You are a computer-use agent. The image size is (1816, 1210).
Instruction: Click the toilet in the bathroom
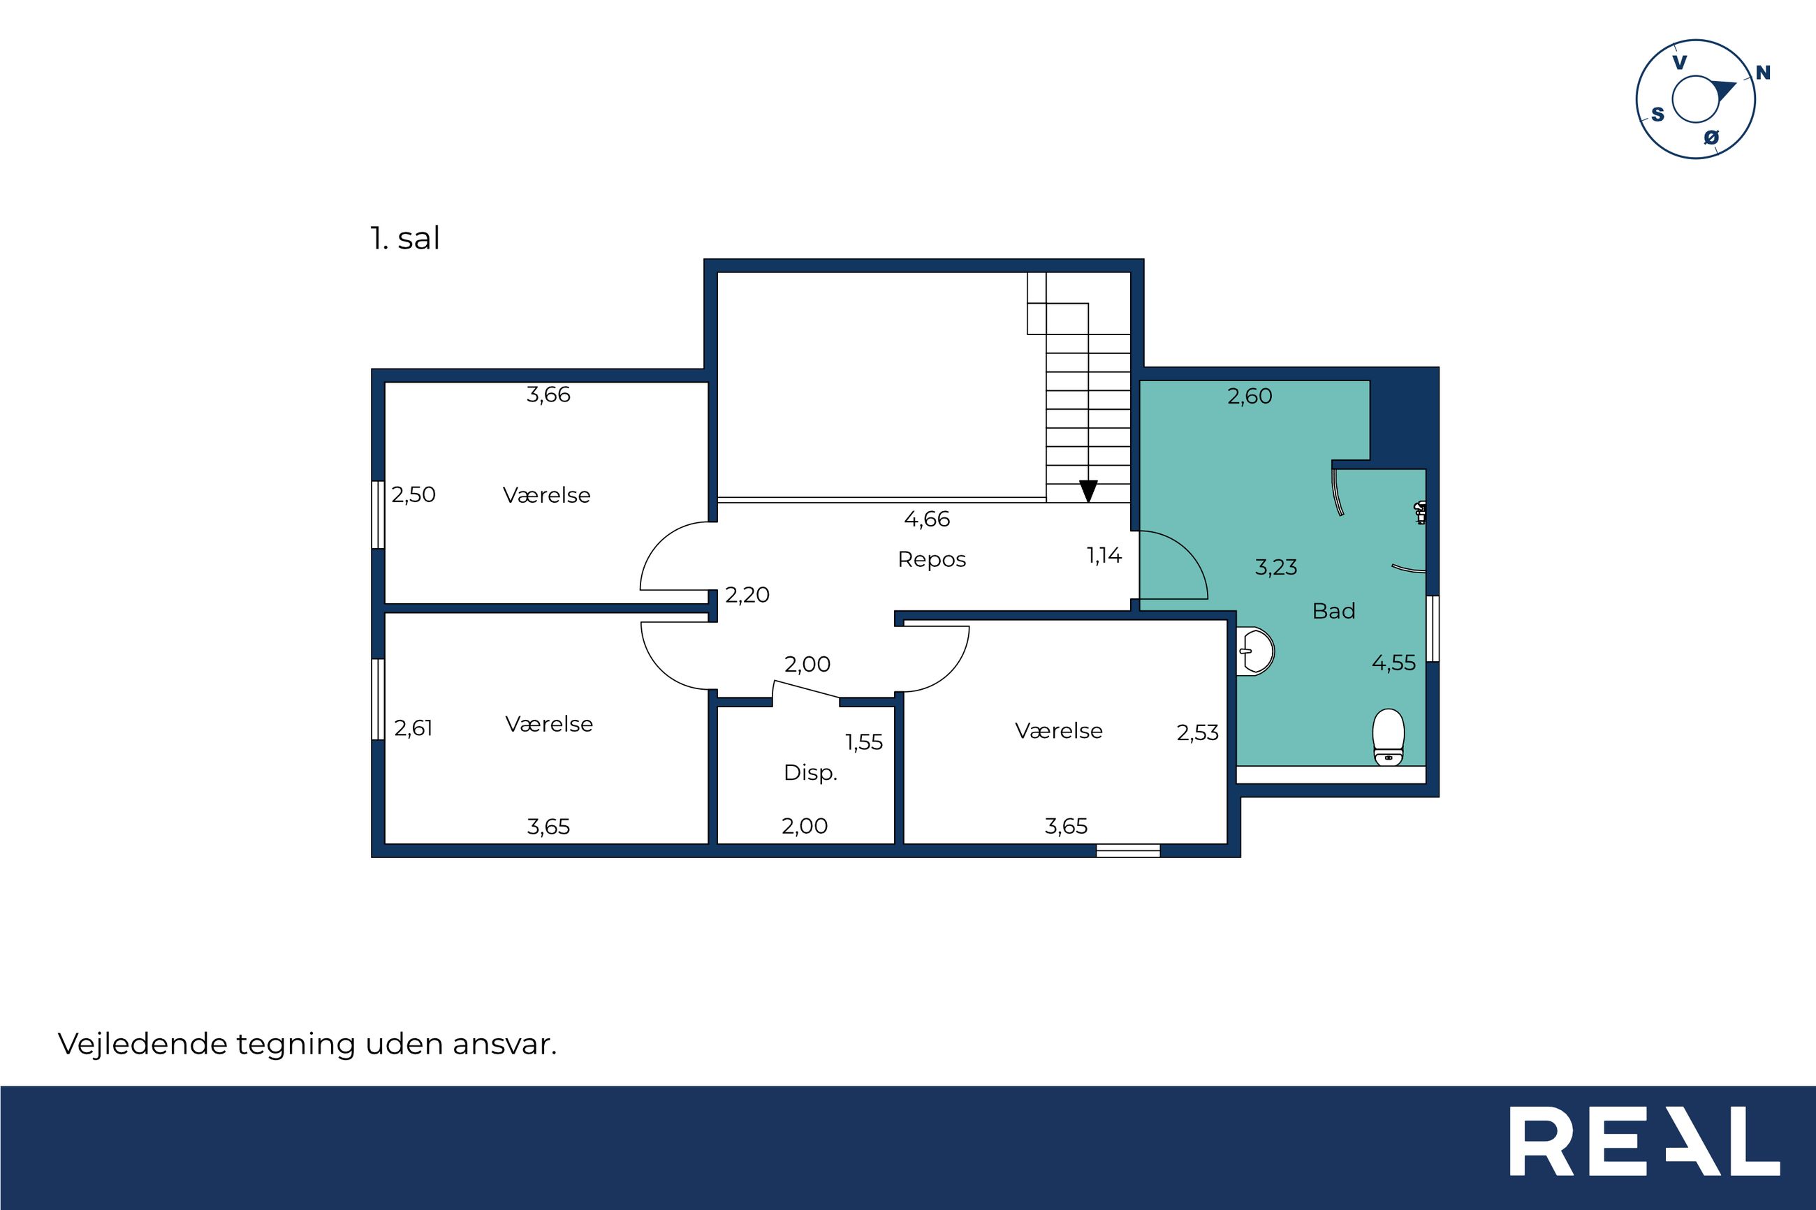(1389, 737)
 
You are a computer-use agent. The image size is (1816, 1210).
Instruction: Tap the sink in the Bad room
(1255, 651)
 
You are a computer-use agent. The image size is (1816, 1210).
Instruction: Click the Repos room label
(932, 559)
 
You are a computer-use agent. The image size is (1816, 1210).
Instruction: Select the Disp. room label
(810, 772)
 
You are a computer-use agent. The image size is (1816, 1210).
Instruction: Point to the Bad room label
(1333, 611)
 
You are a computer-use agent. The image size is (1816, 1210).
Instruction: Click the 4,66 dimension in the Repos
(927, 519)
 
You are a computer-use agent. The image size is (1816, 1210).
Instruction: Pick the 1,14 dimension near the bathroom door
(1104, 556)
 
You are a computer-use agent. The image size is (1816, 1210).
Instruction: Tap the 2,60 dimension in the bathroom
(1250, 397)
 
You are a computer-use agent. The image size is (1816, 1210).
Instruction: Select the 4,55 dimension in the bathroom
(1394, 663)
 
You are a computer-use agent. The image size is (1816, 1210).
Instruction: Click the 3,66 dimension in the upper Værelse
(548, 395)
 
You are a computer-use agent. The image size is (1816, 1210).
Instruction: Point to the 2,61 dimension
(413, 728)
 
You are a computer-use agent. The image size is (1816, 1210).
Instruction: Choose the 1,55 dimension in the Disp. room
(865, 742)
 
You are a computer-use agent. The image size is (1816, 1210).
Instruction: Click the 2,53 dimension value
(1198, 733)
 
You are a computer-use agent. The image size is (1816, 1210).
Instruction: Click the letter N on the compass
(1763, 73)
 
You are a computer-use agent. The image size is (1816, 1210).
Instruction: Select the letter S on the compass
(1657, 115)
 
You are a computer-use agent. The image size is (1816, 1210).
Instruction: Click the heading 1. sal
(405, 239)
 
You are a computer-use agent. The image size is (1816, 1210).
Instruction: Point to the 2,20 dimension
(747, 595)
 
